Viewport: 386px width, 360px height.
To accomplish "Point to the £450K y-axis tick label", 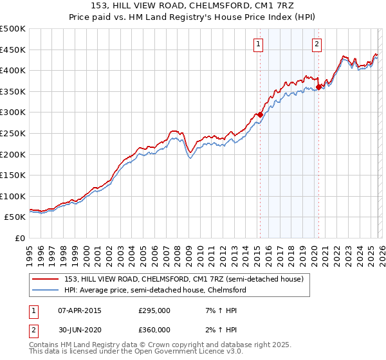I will [13, 50].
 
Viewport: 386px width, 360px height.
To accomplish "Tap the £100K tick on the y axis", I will [13, 196].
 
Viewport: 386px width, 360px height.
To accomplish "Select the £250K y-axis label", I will [13, 133].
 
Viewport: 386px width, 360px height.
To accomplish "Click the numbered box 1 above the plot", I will [259, 44].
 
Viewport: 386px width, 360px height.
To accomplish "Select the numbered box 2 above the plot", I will [317, 44].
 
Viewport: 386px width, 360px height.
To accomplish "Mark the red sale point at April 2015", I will [260, 114].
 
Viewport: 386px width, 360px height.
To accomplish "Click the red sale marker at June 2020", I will [319, 87].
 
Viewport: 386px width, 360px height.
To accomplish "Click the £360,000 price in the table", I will [154, 330].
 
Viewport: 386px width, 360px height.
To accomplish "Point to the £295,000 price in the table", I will [154, 310].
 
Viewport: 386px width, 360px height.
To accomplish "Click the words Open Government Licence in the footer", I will [176, 353].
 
